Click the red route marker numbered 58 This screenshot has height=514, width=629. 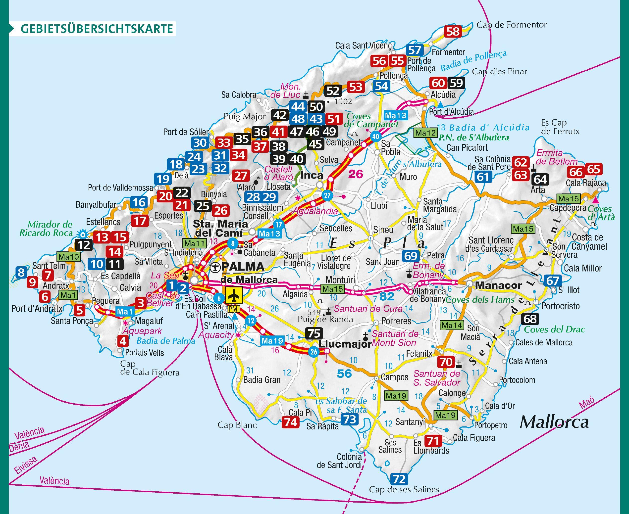click(453, 31)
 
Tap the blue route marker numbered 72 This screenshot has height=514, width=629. click(399, 479)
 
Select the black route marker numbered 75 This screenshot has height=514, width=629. click(314, 333)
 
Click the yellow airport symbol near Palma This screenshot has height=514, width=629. click(234, 295)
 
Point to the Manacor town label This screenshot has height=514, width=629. click(499, 285)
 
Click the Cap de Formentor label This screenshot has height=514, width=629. click(511, 25)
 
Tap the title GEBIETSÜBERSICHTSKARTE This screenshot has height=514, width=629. click(97, 29)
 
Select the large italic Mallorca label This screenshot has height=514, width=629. click(554, 422)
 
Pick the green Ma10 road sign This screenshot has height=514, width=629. click(68, 257)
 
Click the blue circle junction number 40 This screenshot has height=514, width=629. click(375, 137)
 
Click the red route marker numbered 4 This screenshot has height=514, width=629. click(123, 341)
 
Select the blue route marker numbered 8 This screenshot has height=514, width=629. click(21, 272)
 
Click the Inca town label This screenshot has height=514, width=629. click(312, 175)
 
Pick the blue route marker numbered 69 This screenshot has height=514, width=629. click(410, 256)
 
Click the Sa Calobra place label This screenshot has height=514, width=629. click(239, 95)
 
